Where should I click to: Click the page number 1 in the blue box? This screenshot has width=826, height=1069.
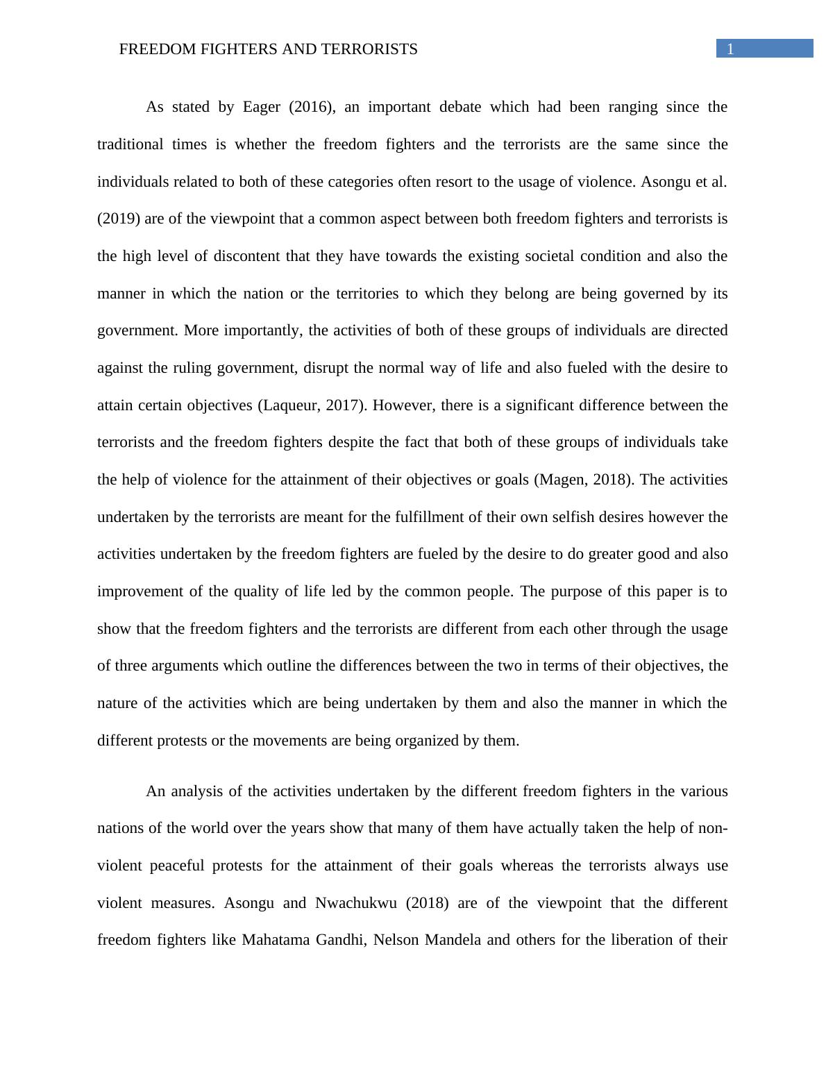730,49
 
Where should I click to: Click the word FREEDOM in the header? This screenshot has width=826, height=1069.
151,49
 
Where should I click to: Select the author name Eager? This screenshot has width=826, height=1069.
261,107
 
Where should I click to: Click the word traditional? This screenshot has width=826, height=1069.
130,144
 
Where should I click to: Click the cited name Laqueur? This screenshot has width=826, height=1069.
290,405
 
